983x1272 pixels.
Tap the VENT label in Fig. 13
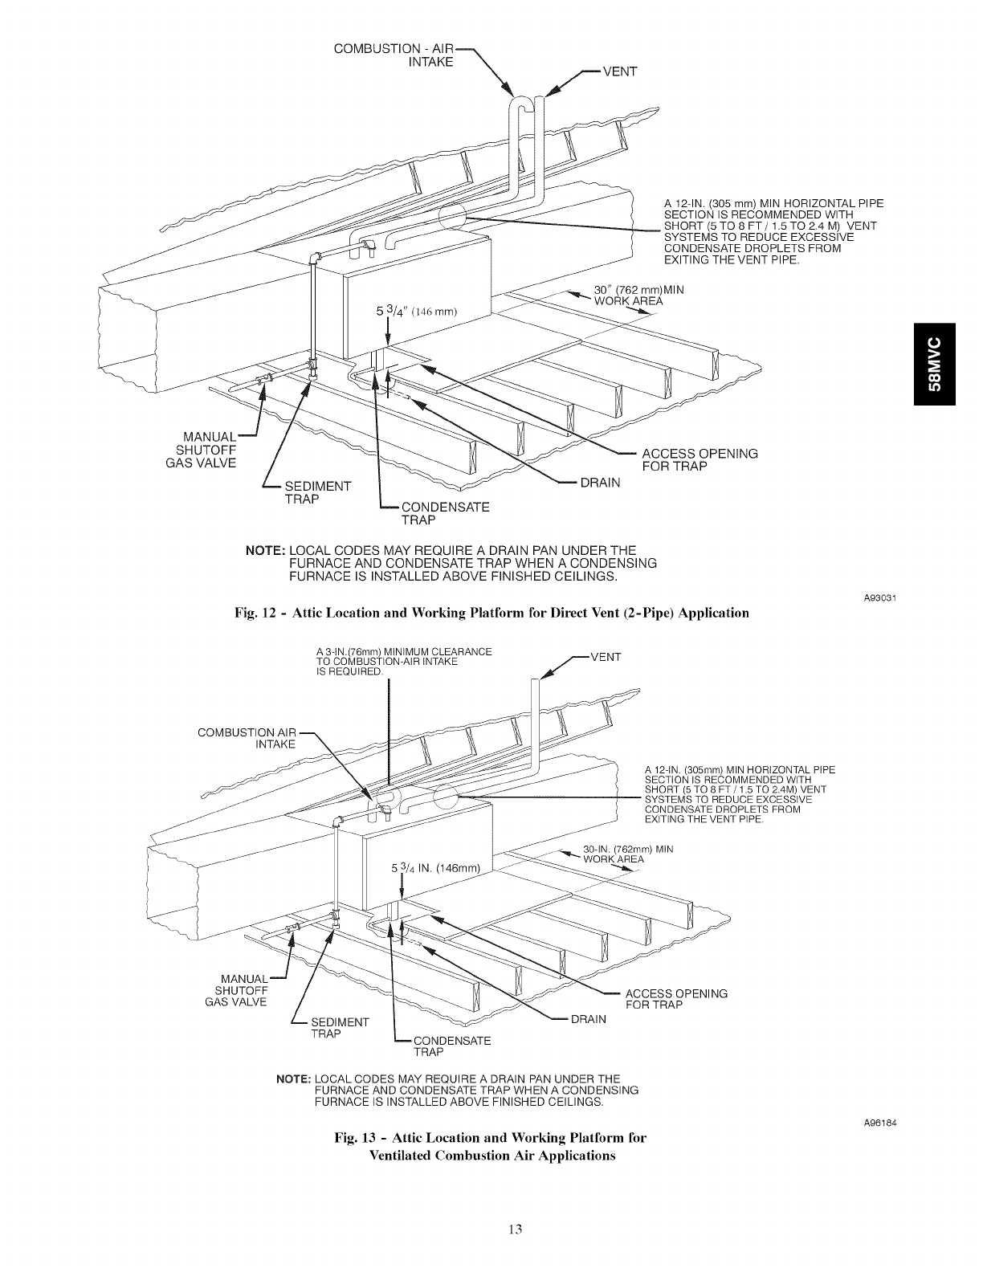606,656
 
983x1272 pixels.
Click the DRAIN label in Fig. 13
588,1020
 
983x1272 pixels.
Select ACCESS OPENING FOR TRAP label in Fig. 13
676,999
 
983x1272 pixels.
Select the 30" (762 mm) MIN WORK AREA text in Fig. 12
638,296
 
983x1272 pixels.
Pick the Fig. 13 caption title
491,1147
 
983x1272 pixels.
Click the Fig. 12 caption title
491,614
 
